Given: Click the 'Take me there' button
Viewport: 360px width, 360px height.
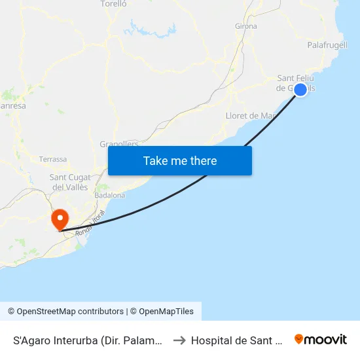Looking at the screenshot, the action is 180,160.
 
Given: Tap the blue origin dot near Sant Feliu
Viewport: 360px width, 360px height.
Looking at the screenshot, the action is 300,90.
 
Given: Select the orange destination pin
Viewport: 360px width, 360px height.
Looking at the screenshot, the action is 60,219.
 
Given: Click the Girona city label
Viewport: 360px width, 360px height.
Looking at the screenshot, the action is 245,26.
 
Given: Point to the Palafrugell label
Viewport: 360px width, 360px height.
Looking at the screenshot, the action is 327,45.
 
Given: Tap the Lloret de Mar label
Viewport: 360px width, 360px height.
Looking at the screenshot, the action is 249,116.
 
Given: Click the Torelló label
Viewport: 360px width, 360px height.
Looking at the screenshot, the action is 113,4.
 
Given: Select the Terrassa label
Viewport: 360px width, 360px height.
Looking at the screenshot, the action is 53,159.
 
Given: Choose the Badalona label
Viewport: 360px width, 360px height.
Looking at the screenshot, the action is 109,195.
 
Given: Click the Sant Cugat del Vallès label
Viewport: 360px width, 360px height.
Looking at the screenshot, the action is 69,182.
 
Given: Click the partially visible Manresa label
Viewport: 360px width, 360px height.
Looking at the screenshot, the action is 13,105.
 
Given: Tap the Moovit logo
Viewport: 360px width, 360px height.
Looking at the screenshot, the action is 320,339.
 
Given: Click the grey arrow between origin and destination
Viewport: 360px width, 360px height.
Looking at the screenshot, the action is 179,340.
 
